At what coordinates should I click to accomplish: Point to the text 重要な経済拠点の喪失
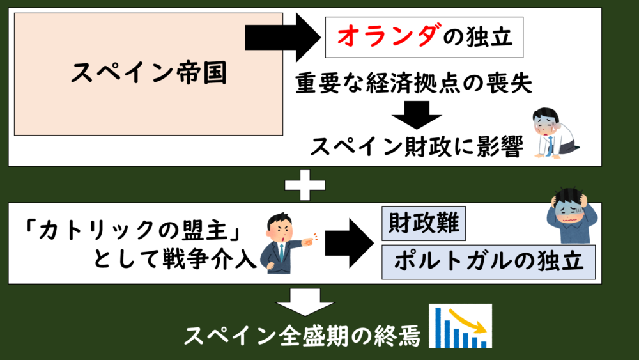click(x=413, y=84)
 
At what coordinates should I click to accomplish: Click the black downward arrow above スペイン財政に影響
click(x=416, y=116)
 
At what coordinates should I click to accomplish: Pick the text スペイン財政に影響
click(x=416, y=146)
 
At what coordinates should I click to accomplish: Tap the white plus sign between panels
click(x=304, y=185)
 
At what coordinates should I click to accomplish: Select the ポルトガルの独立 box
click(x=489, y=262)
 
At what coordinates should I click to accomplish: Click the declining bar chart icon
click(x=460, y=326)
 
